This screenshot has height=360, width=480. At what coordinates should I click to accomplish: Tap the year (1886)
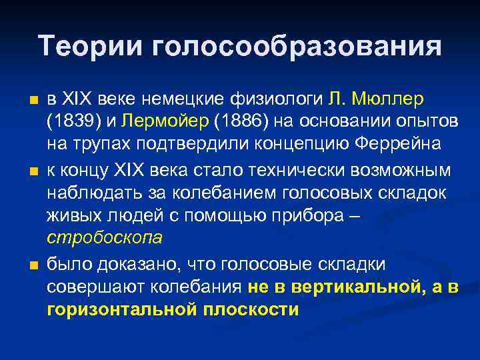click(247, 123)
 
